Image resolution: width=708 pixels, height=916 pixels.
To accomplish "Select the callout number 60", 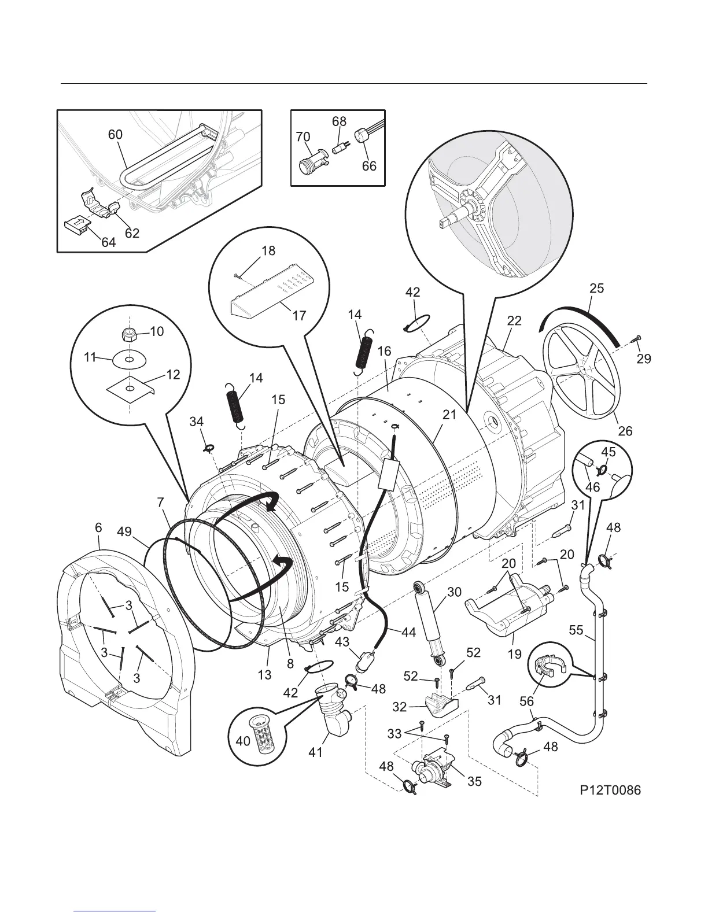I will click(x=116, y=134).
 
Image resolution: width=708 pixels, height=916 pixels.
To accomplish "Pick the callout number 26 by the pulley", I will click(x=625, y=430).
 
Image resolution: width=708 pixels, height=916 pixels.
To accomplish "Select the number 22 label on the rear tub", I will click(x=514, y=321).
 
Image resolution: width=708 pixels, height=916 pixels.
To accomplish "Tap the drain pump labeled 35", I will click(x=431, y=769).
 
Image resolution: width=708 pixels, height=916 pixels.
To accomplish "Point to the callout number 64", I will click(x=109, y=243).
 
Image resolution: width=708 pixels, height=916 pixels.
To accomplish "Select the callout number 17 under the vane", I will click(x=299, y=316).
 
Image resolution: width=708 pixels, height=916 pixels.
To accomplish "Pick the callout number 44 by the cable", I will click(x=408, y=632).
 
